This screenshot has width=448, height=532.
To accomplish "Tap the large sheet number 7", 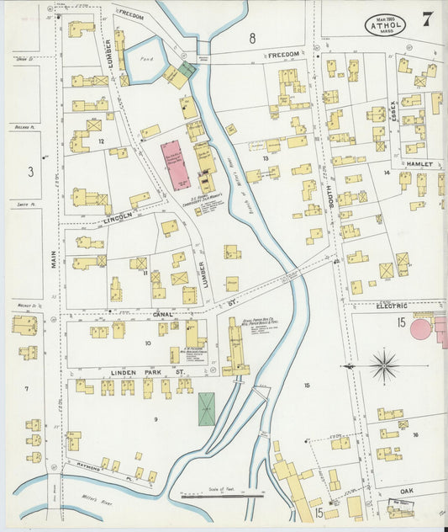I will (427, 19).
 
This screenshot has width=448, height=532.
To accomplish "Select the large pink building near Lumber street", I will (176, 165).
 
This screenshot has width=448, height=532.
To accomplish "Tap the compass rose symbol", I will (383, 366).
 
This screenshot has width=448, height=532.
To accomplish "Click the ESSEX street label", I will (390, 109).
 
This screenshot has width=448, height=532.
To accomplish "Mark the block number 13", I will (265, 157).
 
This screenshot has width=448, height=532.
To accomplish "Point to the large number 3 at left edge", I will (30, 172).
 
